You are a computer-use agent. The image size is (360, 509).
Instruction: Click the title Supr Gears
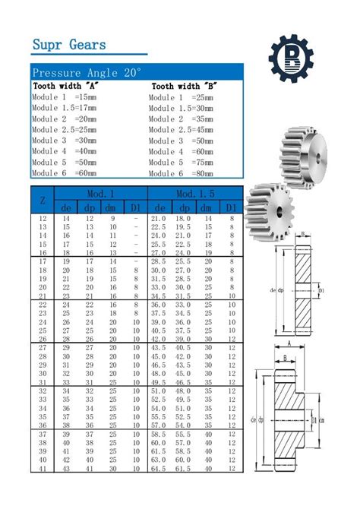coord(69,45)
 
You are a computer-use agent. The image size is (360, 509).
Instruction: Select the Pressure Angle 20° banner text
coord(87,73)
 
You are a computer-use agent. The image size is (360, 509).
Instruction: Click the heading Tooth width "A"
coord(65,87)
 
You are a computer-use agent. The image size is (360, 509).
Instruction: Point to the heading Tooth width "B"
coord(184,87)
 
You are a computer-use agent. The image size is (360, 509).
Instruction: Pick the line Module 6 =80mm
coord(182,173)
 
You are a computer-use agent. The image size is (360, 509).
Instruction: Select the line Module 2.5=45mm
coord(182,130)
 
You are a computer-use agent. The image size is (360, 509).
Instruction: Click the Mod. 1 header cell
coord(100,194)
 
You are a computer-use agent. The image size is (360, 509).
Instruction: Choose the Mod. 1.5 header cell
coord(195,194)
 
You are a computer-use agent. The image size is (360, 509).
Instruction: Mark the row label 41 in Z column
coord(43,469)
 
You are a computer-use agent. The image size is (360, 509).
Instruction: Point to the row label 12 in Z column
coord(43,219)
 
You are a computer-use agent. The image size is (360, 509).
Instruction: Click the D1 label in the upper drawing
coord(322,290)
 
